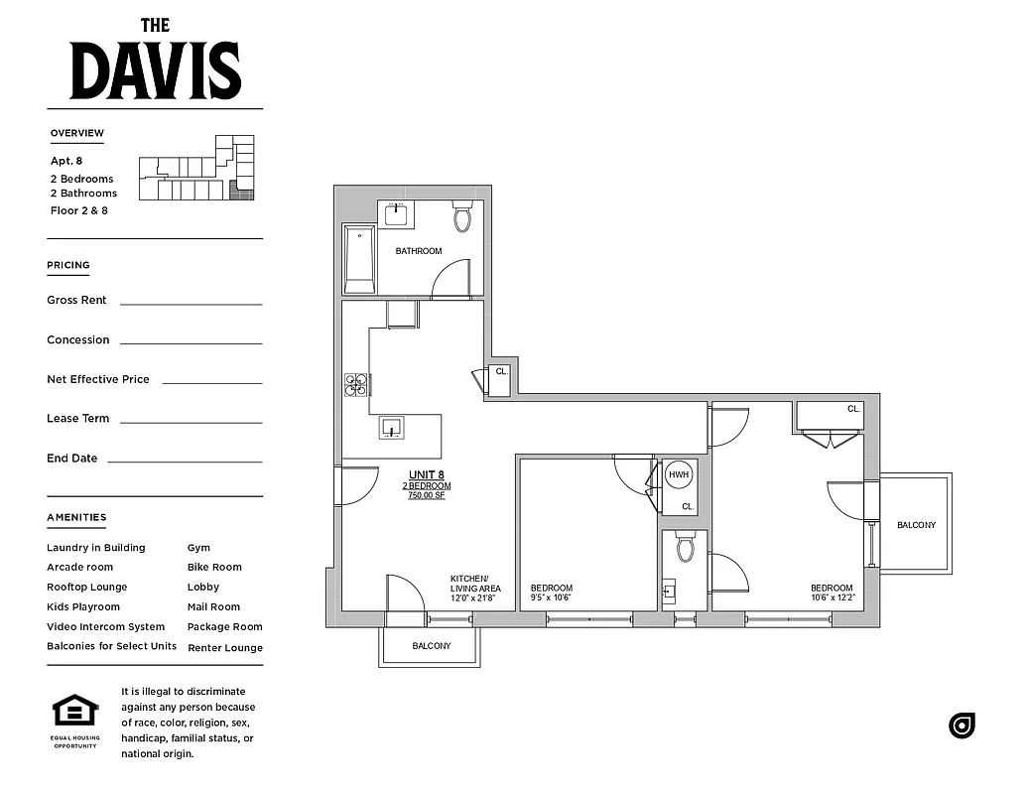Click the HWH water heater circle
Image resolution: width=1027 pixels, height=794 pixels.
679,475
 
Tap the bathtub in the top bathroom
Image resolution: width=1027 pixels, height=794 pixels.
358,259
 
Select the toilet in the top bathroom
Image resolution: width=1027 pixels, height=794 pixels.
462,217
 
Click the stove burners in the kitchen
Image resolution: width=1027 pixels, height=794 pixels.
355,385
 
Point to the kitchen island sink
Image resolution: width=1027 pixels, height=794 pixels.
391,428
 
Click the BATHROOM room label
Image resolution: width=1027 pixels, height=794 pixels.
419,251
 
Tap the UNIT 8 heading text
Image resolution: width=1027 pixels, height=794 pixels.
427,474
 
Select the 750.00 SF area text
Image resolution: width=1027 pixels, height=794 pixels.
427,495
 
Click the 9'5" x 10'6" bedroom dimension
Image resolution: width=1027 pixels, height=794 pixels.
551,598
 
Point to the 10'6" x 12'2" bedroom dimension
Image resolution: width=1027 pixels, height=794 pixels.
831,598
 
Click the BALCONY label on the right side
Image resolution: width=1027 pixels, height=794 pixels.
915,525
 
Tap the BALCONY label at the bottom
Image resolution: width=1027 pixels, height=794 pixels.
431,646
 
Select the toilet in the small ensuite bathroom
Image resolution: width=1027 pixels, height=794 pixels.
685,548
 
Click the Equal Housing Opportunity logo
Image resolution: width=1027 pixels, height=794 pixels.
75,717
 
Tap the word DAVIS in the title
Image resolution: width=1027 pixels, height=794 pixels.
155,71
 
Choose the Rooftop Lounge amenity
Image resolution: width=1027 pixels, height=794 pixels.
87,588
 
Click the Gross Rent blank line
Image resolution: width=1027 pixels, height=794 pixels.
191,302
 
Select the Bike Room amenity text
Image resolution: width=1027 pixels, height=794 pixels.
214,568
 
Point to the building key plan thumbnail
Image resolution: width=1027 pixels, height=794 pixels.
196,169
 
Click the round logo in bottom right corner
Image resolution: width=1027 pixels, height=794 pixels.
962,726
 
